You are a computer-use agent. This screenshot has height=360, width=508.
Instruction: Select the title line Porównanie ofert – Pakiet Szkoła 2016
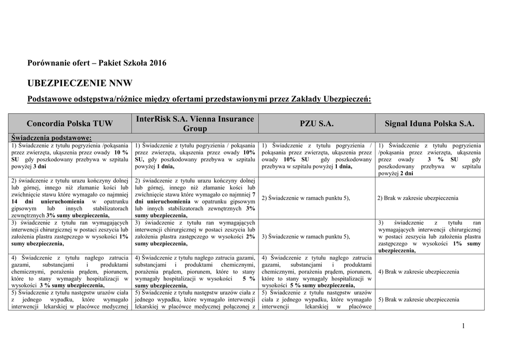point(97,63)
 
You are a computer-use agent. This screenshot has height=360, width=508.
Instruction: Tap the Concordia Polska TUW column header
point(70,123)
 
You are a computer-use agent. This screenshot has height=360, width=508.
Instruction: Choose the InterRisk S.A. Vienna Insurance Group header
point(194,123)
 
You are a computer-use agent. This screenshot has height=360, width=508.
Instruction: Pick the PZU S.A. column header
point(317,123)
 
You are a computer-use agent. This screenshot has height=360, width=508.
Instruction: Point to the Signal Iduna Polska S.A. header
point(430,123)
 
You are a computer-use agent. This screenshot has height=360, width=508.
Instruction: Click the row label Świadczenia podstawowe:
point(51,138)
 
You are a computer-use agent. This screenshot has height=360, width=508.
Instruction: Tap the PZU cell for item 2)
point(306,198)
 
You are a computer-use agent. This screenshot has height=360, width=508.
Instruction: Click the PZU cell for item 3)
point(306,237)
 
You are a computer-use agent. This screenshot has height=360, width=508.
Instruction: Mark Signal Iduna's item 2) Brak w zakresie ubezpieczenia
point(418,198)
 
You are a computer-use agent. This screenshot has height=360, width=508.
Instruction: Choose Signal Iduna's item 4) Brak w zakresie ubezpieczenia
point(418,272)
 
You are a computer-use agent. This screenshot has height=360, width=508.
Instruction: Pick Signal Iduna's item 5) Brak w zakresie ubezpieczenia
point(418,299)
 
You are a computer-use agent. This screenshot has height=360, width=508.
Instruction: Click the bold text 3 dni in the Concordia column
point(40,167)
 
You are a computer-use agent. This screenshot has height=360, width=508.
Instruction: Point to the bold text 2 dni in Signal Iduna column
point(406,174)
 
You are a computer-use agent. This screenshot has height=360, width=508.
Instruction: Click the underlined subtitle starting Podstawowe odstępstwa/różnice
point(199,99)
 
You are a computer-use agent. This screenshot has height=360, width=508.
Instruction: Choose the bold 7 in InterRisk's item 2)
point(254,195)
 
